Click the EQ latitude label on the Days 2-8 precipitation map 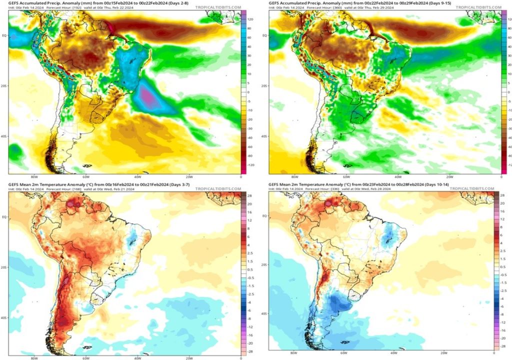(4, 35)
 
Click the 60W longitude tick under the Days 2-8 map (86, 177)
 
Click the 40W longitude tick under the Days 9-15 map (397, 177)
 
